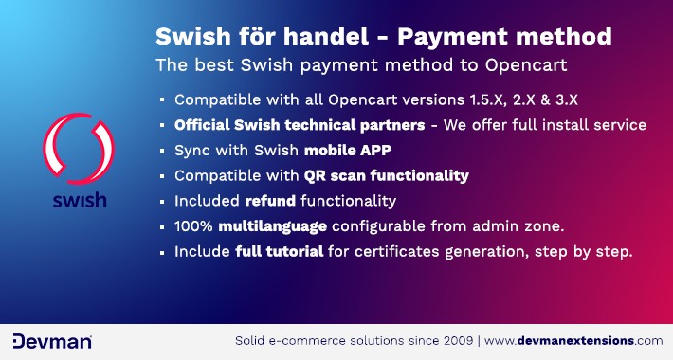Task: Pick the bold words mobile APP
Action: coord(348,150)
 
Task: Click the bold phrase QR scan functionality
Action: coord(386,175)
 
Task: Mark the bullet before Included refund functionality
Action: coord(162,202)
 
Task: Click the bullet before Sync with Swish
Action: coord(162,151)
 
